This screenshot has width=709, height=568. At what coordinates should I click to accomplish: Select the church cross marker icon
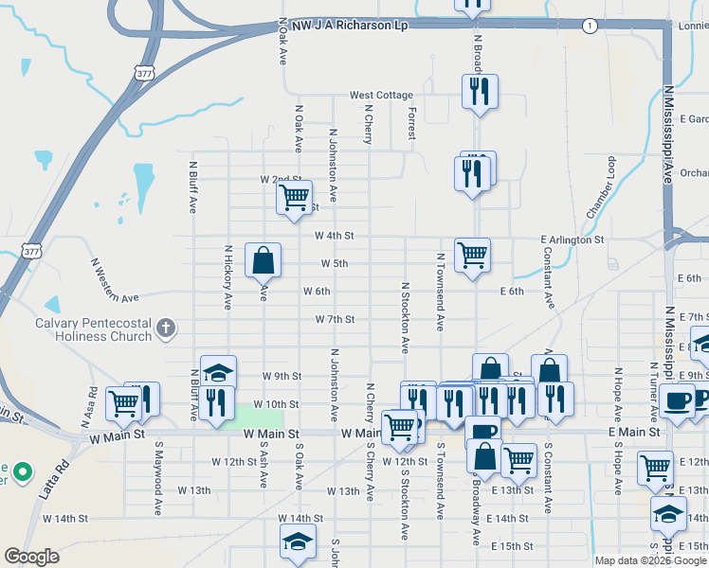tap(166, 328)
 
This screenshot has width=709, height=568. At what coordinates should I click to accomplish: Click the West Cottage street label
tap(381, 96)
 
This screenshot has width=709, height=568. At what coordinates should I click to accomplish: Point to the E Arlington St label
tap(572, 240)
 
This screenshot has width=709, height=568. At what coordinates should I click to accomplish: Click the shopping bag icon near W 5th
tap(263, 258)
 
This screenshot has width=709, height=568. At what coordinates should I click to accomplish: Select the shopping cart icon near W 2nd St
tap(294, 198)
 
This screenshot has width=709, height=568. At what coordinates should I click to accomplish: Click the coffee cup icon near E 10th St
tap(677, 399)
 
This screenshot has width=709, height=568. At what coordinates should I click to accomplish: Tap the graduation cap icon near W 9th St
tap(218, 372)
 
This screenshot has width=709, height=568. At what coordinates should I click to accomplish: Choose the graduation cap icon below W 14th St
tap(297, 541)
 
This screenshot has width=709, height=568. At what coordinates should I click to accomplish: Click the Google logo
tap(31, 557)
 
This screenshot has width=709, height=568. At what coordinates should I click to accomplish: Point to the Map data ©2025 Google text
tap(649, 560)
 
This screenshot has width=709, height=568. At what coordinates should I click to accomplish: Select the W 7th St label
tap(335, 320)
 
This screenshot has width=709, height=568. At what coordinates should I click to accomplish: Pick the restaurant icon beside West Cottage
tap(479, 92)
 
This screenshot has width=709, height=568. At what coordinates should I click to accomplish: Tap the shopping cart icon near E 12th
tap(656, 467)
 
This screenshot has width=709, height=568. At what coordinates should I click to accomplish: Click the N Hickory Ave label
tap(228, 278)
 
